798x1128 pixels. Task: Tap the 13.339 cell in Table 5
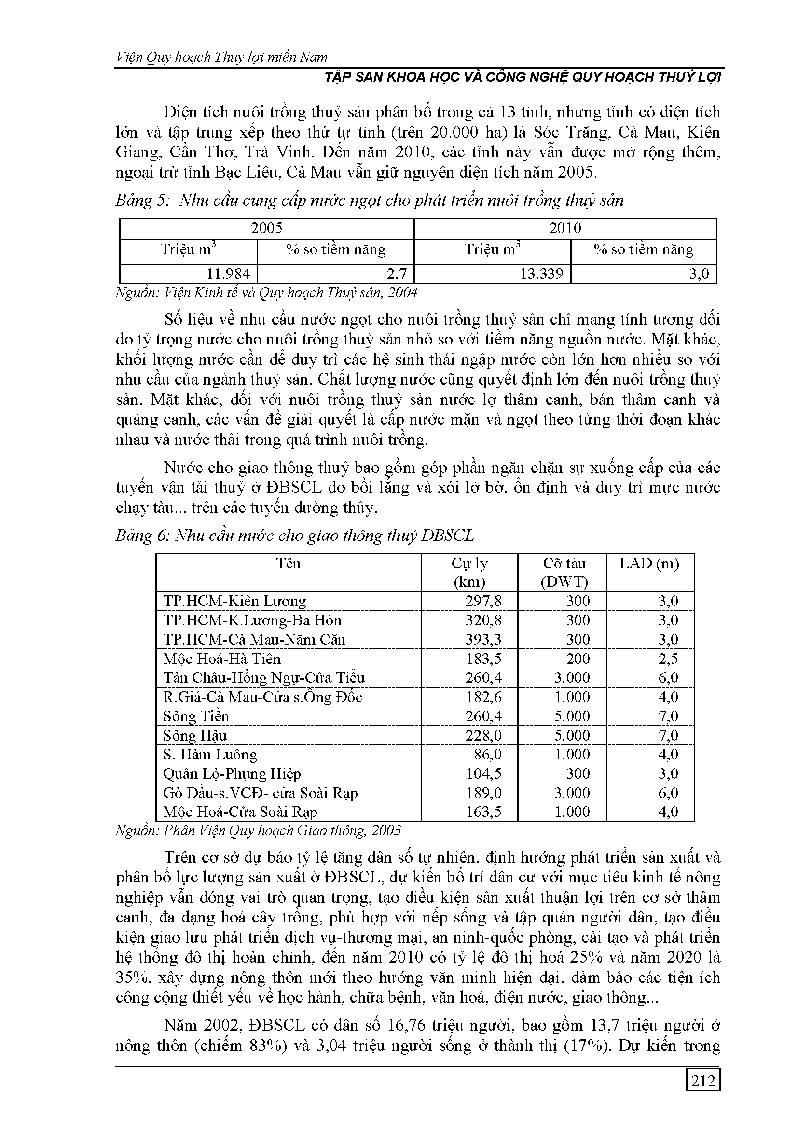(x=541, y=274)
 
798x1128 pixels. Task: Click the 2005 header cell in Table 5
(x=266, y=228)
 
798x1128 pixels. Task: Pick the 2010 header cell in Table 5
(x=565, y=228)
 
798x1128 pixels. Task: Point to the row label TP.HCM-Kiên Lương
(x=234, y=601)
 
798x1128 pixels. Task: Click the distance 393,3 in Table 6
(x=483, y=640)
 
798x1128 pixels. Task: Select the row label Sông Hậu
(x=195, y=735)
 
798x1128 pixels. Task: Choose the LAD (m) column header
(x=649, y=564)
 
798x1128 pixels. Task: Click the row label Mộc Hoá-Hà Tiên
(x=221, y=659)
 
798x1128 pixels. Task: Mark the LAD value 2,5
(x=668, y=659)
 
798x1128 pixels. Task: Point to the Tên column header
(x=288, y=564)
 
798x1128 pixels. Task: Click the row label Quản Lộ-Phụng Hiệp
(x=232, y=774)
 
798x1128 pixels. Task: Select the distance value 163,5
(x=483, y=812)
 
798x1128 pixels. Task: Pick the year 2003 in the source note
(x=386, y=831)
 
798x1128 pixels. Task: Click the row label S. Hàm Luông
(x=210, y=755)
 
